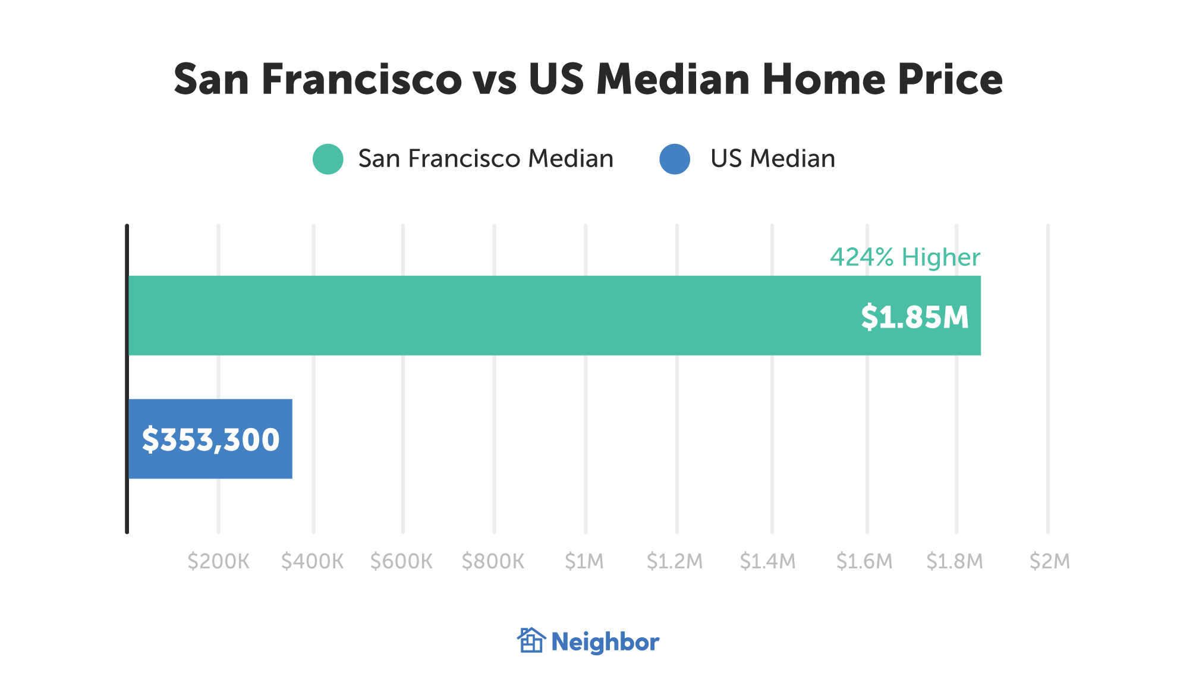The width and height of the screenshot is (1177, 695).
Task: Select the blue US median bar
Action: pyautogui.click(x=210, y=439)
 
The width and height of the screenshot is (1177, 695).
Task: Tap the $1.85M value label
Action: pyautogui.click(x=914, y=317)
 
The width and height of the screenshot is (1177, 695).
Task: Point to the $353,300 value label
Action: pyautogui.click(x=210, y=440)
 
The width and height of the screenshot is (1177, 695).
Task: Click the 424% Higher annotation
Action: pyautogui.click(x=905, y=257)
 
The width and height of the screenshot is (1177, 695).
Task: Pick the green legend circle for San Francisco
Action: pyautogui.click(x=328, y=159)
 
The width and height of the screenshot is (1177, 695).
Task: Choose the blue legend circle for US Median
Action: pyautogui.click(x=675, y=159)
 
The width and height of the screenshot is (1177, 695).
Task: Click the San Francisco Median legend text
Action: pyautogui.click(x=486, y=159)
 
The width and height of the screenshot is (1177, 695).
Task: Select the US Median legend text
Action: pyautogui.click(x=773, y=159)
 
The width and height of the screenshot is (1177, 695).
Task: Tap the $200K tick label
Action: pyautogui.click(x=218, y=561)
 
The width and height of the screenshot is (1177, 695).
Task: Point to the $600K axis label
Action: pyautogui.click(x=401, y=561)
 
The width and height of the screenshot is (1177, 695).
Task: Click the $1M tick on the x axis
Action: pyautogui.click(x=584, y=561)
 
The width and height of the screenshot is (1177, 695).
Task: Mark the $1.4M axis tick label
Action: pyautogui.click(x=767, y=561)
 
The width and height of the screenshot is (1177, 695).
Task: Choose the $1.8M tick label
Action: pyautogui.click(x=955, y=561)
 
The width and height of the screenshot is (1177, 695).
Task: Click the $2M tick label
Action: pyautogui.click(x=1050, y=561)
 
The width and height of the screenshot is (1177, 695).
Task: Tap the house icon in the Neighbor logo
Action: pyautogui.click(x=531, y=640)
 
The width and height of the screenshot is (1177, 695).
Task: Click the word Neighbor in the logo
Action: pyautogui.click(x=605, y=642)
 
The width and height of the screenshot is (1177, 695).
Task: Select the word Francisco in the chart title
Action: pyautogui.click(x=361, y=79)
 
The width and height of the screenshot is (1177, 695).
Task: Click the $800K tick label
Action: pyautogui.click(x=493, y=561)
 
